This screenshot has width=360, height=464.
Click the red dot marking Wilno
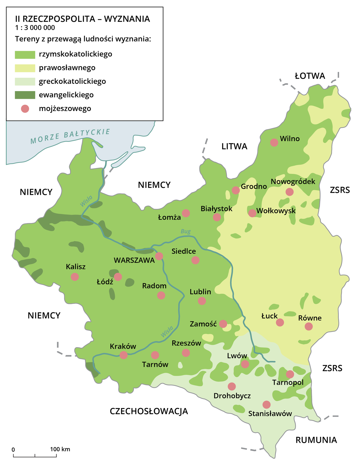[x=274, y=142]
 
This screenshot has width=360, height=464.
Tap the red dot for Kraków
[x=124, y=355]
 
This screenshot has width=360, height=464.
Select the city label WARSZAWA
[x=134, y=260]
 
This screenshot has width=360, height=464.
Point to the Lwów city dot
[x=245, y=364]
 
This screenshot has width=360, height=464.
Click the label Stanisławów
[x=270, y=414]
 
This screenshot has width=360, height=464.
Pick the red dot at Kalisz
[x=75, y=277]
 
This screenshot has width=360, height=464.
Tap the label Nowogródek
[x=293, y=182]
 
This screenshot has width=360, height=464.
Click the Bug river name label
[x=186, y=231]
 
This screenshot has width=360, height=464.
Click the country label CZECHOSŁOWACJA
[x=149, y=411]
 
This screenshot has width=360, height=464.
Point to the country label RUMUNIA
[x=316, y=440]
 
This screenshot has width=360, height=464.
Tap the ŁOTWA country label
[x=310, y=76]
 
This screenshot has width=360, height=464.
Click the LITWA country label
[x=234, y=146]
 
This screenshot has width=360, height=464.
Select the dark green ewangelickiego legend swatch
[x=25, y=95]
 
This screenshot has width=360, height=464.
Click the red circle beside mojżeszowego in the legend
[x=25, y=109]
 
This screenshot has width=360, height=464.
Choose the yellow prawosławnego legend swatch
[x=25, y=68]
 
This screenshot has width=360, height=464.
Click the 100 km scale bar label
[x=60, y=449]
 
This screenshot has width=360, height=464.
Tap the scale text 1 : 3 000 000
[x=35, y=28]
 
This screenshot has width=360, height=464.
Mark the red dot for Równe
[x=309, y=327]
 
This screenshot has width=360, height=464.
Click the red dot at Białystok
[x=217, y=217]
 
